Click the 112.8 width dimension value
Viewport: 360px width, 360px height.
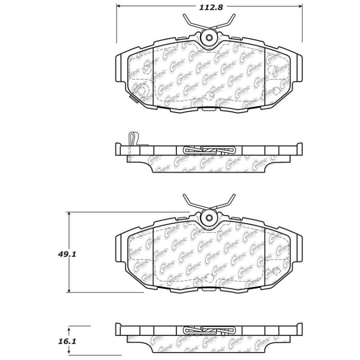click(x=209, y=7)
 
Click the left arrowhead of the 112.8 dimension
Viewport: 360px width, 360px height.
click(x=119, y=7)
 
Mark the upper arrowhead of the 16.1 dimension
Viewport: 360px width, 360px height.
click(x=68, y=327)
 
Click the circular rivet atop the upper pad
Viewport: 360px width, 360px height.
click(x=209, y=38)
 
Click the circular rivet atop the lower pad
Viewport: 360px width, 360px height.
click(x=209, y=218)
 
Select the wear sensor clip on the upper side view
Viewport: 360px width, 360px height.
click(x=132, y=138)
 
